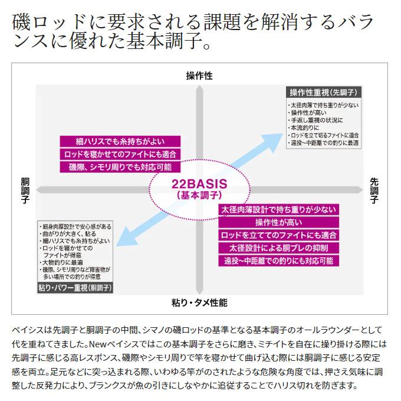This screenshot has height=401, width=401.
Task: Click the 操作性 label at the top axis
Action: (x=199, y=75)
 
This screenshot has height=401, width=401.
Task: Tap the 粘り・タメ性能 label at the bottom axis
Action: (x=199, y=303)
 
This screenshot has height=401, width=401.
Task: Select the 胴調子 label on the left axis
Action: (x=25, y=191)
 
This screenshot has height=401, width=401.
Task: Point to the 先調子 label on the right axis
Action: (x=374, y=191)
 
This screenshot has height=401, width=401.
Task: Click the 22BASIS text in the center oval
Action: (x=199, y=184)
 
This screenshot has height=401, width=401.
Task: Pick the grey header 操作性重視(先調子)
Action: (x=324, y=93)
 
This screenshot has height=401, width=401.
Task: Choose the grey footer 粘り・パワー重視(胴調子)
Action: (x=75, y=288)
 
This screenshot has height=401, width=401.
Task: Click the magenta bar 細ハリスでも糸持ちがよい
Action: (x=120, y=142)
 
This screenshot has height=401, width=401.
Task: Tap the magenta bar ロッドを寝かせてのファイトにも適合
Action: (x=120, y=155)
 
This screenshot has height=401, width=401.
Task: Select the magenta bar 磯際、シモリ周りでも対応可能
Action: (x=120, y=167)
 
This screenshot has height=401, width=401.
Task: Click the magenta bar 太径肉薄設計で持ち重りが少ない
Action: (x=279, y=210)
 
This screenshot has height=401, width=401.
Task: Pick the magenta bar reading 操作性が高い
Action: (x=279, y=222)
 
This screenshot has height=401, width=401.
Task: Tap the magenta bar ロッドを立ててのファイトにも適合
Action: (x=279, y=235)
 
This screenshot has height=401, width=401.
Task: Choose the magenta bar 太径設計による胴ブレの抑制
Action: (x=279, y=248)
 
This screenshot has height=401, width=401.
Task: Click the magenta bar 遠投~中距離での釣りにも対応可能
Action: (x=279, y=261)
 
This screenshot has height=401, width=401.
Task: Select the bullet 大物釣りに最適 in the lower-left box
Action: (x=61, y=262)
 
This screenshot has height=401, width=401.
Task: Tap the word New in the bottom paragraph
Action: (x=97, y=344)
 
